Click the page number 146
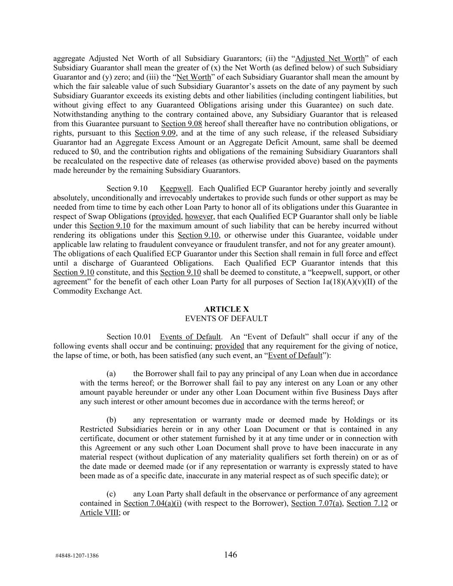click(230, 555)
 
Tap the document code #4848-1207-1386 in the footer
click(77, 556)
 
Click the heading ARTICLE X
click(226, 309)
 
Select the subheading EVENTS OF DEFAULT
click(226, 319)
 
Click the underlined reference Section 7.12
click(367, 503)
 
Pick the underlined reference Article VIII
click(99, 513)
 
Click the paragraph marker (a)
click(111, 373)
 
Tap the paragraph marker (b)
click(111, 420)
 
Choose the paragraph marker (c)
click(111, 494)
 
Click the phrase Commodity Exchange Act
click(97, 291)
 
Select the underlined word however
click(199, 216)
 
